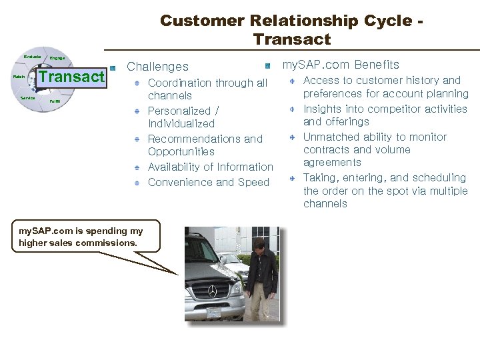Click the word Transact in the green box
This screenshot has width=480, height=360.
click(72, 77)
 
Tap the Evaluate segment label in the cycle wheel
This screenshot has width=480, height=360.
click(32, 57)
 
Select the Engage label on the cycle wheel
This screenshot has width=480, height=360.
click(57, 59)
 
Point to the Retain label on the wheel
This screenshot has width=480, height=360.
click(19, 77)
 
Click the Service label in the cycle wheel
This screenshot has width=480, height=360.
click(27, 98)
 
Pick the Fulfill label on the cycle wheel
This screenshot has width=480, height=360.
click(55, 101)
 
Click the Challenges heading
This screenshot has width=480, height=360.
click(157, 67)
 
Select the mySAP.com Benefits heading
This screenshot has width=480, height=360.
click(341, 65)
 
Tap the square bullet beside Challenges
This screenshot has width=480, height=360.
click(113, 67)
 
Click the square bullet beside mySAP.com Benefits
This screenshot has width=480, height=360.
click(267, 65)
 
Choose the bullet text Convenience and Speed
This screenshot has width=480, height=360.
click(208, 183)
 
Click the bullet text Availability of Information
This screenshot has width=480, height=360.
click(210, 167)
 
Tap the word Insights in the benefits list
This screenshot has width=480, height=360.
click(323, 109)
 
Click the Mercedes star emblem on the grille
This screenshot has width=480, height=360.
click(212, 291)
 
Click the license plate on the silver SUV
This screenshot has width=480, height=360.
click(214, 313)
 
